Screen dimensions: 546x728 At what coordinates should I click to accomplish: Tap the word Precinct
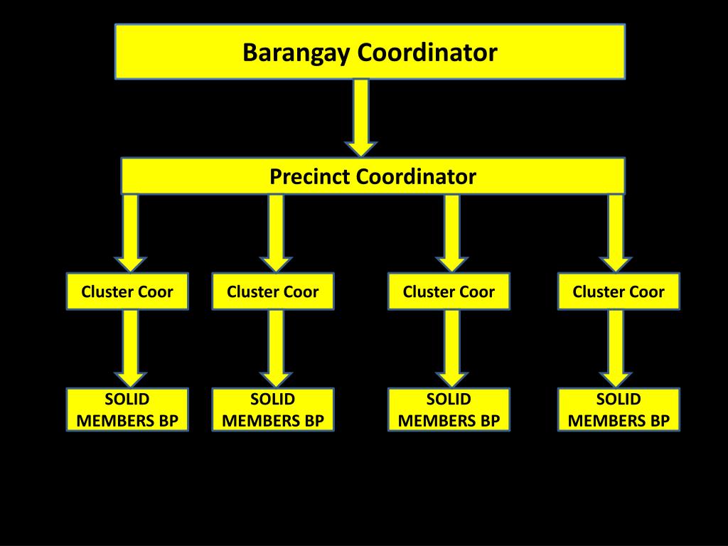tap(310, 176)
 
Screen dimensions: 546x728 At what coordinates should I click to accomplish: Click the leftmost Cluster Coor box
tap(127, 291)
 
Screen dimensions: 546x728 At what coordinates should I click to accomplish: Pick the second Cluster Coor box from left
tap(273, 291)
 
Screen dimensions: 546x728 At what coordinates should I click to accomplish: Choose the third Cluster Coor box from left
tap(449, 291)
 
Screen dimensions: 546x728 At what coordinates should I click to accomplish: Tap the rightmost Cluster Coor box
tap(619, 291)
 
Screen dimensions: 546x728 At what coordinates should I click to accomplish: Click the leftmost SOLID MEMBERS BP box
tap(127, 409)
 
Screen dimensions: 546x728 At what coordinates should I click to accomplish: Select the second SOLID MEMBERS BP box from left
tap(273, 409)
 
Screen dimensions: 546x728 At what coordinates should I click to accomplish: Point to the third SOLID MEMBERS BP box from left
tap(449, 409)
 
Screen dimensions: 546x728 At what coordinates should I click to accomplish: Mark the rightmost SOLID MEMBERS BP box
tap(619, 409)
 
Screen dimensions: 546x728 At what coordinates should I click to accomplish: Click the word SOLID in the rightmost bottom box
tap(619, 399)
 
